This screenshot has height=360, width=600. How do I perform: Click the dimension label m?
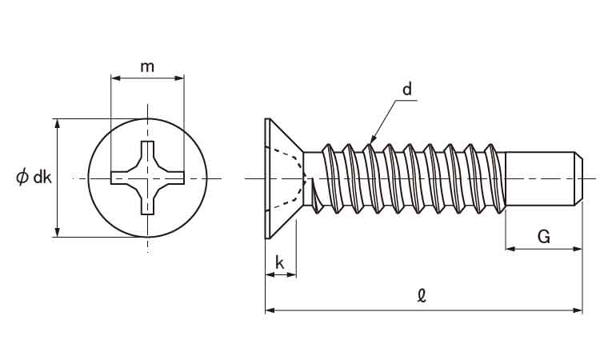[x=147, y=66]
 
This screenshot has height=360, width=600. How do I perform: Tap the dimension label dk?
[x=42, y=178]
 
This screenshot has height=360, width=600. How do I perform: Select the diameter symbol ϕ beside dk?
[x=22, y=178]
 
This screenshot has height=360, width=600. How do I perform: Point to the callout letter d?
[x=406, y=90]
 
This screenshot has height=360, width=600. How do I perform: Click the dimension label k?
[x=279, y=262]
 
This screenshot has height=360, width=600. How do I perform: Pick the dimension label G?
[x=543, y=237]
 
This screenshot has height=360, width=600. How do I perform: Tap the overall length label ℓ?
[x=422, y=295]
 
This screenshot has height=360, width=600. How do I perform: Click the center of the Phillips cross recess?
[x=147, y=178]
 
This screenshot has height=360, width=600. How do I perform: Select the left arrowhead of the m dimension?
[x=114, y=78]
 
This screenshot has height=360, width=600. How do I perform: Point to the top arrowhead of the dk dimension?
[x=57, y=122]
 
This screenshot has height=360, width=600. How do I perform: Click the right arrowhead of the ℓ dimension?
[x=579, y=309]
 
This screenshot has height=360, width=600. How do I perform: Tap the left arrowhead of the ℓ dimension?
[x=269, y=309]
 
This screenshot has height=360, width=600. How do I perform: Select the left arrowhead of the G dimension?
[x=509, y=250]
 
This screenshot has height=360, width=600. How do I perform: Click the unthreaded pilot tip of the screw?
[x=544, y=178]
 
